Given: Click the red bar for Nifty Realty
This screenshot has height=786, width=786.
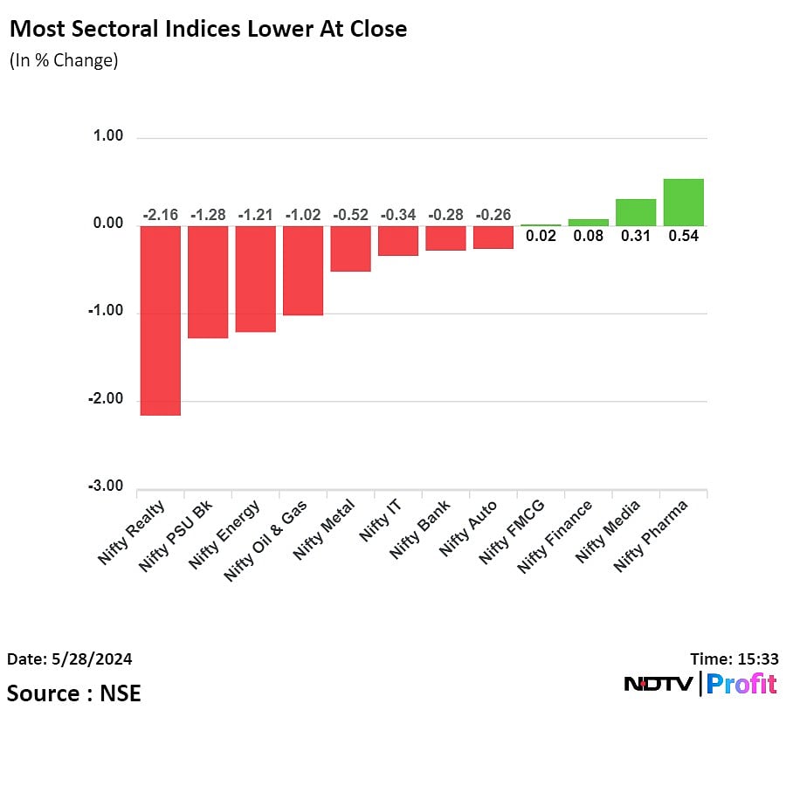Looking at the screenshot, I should point(161,320).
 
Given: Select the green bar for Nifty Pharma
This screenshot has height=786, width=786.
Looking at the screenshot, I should point(684,203).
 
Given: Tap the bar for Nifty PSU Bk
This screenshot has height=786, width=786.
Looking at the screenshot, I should point(208,281).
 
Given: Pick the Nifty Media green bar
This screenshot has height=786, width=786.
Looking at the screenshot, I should point(636,212).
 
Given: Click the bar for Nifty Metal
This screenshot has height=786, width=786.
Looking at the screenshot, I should point(350,248).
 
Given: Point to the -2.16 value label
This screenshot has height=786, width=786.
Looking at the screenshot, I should point(161,215).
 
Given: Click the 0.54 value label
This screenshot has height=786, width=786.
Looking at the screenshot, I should point(684,236).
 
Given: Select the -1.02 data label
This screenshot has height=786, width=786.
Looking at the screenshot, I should point(303,215).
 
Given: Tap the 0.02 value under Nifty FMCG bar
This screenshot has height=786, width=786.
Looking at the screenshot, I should point(541,236).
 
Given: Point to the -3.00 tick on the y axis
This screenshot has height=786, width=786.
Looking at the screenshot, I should point(106,486).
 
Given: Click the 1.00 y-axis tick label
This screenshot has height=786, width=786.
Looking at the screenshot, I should point(108,137).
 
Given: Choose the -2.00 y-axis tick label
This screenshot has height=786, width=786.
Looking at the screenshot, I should point(106,399).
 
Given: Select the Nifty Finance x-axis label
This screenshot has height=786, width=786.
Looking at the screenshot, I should point(555,536).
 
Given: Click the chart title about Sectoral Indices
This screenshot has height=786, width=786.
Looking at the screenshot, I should point(208,29).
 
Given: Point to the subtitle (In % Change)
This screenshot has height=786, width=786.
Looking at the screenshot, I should point(63,61).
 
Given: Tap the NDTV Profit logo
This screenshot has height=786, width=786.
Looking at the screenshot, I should point(700,684).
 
